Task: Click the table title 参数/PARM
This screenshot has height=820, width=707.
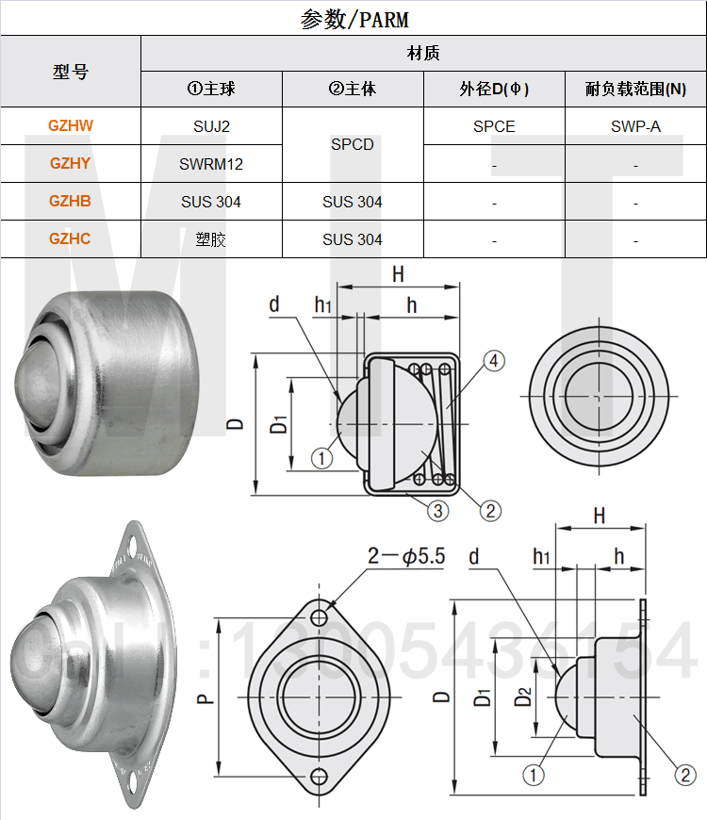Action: tap(354, 19)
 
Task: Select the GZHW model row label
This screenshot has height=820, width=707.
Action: tap(71, 125)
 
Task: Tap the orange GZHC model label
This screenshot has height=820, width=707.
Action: tap(71, 239)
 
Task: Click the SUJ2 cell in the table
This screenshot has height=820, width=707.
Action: tap(211, 125)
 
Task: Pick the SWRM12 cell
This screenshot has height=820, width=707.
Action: tap(211, 164)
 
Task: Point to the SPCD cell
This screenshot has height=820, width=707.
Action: tap(353, 144)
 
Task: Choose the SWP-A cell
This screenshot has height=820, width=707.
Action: tap(635, 125)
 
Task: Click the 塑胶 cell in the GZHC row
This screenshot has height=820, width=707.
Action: tap(211, 239)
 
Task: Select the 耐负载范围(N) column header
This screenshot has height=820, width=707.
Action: tap(635, 89)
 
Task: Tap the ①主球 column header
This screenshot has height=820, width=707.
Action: tap(211, 89)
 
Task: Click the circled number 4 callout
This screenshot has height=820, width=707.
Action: tap(494, 360)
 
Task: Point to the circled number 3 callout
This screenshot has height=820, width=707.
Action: tap(436, 511)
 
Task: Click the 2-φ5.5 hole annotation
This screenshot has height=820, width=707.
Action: tap(406, 557)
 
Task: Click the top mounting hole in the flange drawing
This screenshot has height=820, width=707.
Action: tap(321, 617)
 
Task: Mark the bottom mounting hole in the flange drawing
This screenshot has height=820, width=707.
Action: tap(321, 776)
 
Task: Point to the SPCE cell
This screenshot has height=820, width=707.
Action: tap(494, 125)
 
